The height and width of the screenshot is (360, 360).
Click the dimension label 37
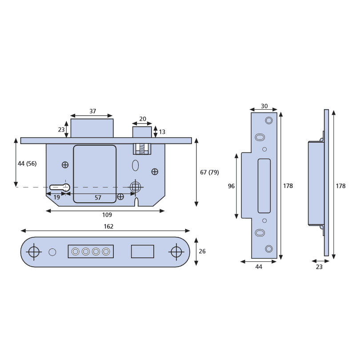pyautogui.click(x=92, y=112)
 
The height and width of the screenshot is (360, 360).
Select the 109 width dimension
pyautogui.click(x=107, y=215)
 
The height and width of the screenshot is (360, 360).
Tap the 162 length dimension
pyautogui.click(x=108, y=226)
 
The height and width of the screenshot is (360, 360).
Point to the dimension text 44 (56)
pyautogui.click(x=27, y=164)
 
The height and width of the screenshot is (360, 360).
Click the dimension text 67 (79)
pyautogui.click(x=209, y=172)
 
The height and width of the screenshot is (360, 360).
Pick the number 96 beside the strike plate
pyautogui.click(x=231, y=186)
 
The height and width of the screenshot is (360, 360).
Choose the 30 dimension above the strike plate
pyautogui.click(x=264, y=106)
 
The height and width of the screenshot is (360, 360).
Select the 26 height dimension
pyautogui.click(x=202, y=251)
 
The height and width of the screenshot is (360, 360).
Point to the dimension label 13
pyautogui.click(x=162, y=132)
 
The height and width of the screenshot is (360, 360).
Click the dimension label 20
pyautogui.click(x=143, y=119)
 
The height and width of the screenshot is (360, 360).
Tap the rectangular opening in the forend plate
pyautogui.click(x=142, y=252)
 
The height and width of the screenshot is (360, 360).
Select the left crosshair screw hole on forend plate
pyautogui.click(x=33, y=252)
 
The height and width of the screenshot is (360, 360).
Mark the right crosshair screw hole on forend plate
pyautogui.click(x=176, y=252)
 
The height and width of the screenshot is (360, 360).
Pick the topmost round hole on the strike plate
pyautogui.click(x=268, y=120)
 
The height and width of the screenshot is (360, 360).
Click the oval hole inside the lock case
pyautogui.click(x=136, y=166)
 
